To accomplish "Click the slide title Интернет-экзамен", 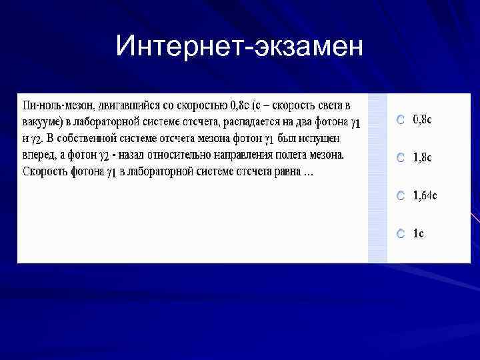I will click(239, 47).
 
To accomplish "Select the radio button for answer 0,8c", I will click(400, 120).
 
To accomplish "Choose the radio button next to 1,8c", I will click(400, 158).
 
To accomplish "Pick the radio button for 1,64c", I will click(400, 196).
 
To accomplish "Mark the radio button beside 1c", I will click(400, 234).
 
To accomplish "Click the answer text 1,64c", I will click(425, 195).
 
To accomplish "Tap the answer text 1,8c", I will click(422, 157).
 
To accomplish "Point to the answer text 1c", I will click(418, 233).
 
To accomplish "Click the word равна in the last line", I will click(285, 172).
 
